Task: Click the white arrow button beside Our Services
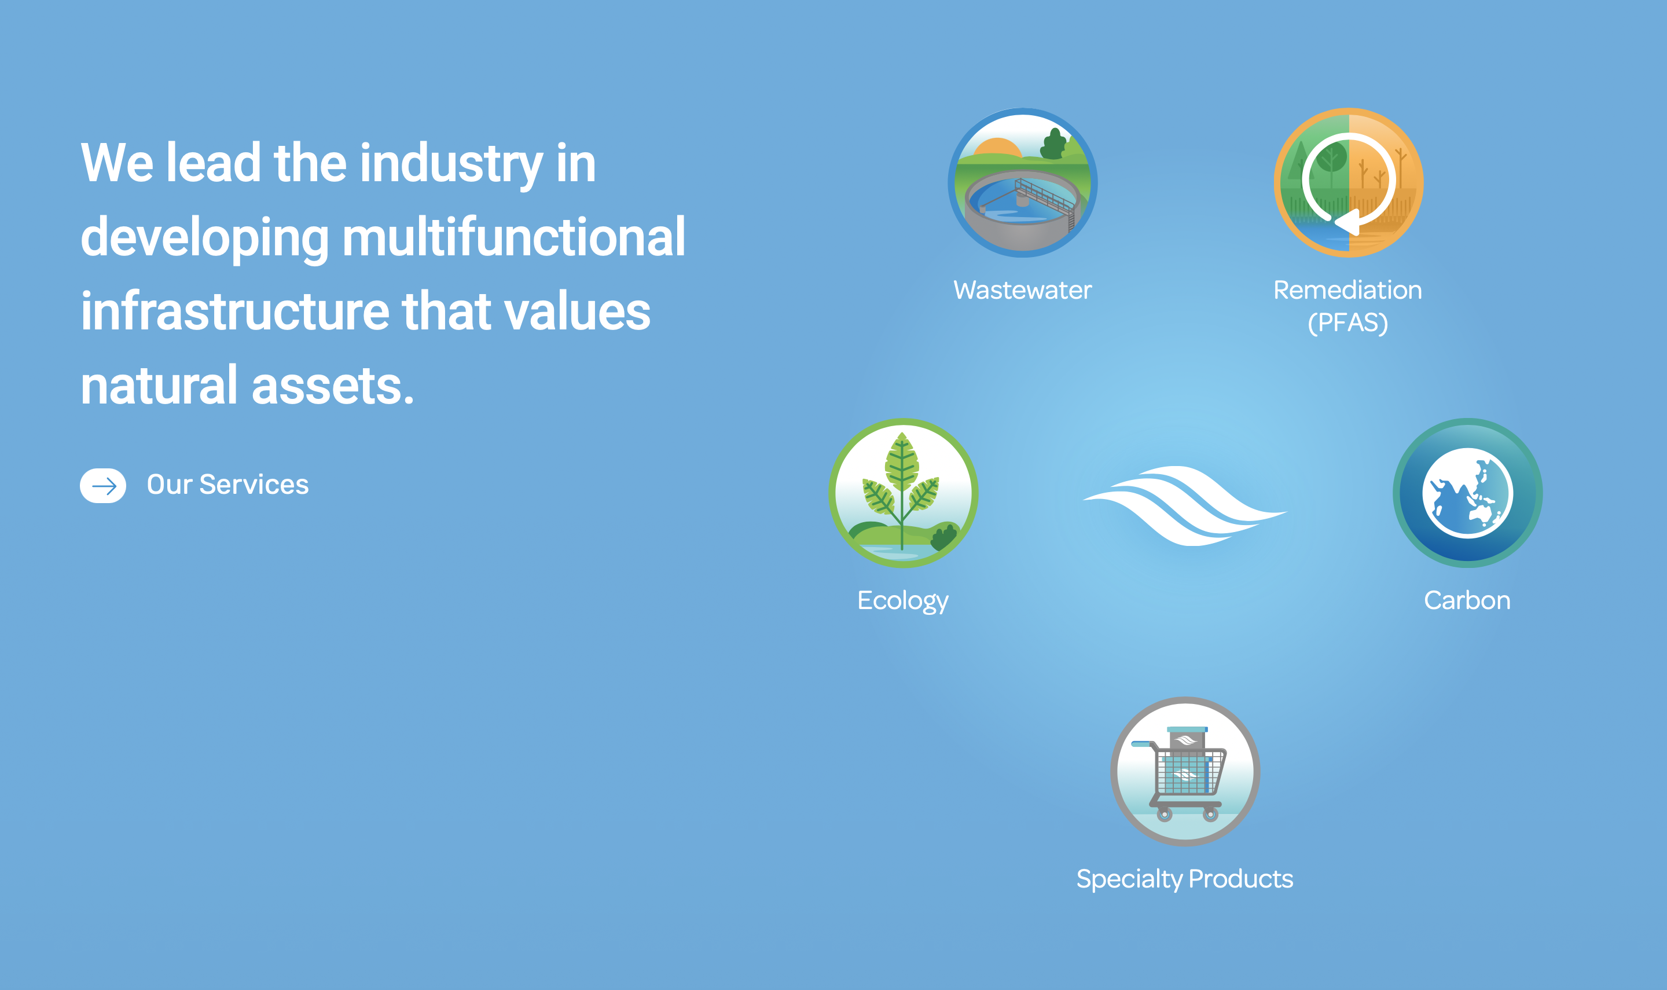[x=102, y=485]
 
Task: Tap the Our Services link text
[x=227, y=485]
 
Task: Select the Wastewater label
[x=1022, y=290]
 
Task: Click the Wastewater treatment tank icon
[x=1022, y=182]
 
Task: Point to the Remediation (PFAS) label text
[x=1347, y=306]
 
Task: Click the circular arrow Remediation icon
[x=1348, y=182]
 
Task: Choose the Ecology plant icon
[x=903, y=493]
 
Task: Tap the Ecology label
[x=903, y=601]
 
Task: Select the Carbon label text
[x=1467, y=600]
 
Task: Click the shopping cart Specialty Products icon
[x=1185, y=771]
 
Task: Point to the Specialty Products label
[x=1185, y=879]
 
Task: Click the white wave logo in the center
[x=1185, y=505]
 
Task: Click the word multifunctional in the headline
[x=513, y=237]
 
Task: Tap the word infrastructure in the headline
[x=235, y=311]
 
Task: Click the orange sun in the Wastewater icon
[x=997, y=148]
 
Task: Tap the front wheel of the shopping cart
[x=1164, y=814]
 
